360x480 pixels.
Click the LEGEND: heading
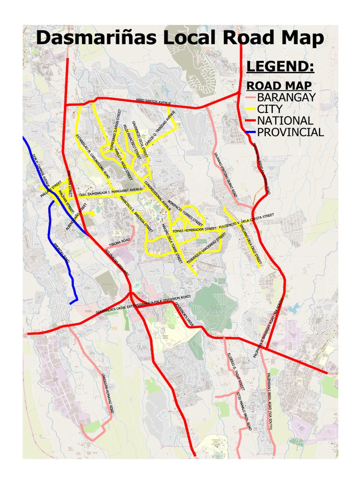coord(280,67)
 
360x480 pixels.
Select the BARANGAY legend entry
coord(286,97)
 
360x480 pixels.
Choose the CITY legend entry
coord(270,109)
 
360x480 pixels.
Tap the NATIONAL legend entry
coord(285,121)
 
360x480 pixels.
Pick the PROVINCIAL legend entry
coord(290,133)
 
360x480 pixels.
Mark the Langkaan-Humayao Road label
coord(107,393)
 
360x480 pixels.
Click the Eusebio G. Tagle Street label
coord(236,371)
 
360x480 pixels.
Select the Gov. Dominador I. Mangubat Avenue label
coord(111,192)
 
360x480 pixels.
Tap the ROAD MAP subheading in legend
coord(279,86)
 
